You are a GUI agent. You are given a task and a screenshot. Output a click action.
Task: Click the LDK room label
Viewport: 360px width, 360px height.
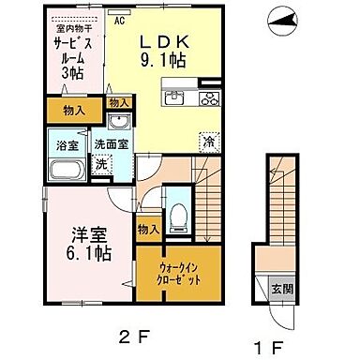(166, 43)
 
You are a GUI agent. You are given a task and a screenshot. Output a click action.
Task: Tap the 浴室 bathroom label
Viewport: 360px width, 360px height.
(62, 146)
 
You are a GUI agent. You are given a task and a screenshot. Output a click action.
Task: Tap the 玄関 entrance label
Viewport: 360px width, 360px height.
(280, 289)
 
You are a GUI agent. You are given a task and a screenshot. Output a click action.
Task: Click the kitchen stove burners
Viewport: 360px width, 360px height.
(207, 98)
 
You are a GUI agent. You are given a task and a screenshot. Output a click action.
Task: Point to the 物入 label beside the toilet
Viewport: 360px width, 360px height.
(148, 228)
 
